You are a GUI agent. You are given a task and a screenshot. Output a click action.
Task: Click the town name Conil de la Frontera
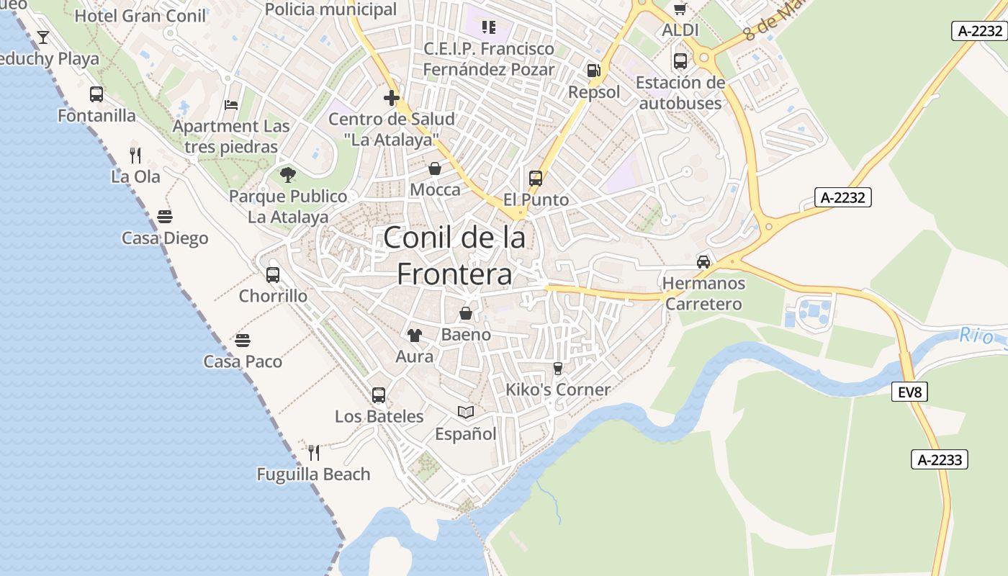click(454, 256)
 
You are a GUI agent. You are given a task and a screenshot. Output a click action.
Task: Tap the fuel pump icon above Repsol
click(593, 70)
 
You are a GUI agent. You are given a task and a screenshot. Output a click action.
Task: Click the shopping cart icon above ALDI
click(680, 9)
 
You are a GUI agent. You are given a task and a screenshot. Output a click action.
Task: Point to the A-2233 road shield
click(940, 459)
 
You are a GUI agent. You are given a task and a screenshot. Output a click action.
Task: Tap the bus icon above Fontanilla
click(96, 94)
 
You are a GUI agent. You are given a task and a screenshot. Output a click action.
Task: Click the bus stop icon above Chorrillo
click(272, 274)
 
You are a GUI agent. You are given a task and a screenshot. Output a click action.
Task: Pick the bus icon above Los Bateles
click(379, 395)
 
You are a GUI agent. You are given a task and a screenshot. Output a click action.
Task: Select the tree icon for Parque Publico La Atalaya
click(287, 174)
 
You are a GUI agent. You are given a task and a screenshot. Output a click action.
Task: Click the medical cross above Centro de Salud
click(392, 98)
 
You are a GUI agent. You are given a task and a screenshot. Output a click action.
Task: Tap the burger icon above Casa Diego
click(165, 217)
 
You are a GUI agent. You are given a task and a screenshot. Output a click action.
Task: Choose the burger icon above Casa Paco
click(243, 340)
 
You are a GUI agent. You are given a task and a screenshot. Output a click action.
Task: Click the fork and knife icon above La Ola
click(135, 155)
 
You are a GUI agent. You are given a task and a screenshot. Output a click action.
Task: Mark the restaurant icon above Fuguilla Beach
click(313, 452)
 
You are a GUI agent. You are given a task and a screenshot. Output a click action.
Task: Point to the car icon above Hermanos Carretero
click(703, 261)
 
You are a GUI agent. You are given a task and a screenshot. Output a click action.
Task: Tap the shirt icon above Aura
click(414, 335)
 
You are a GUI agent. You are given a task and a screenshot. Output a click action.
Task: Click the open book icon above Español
click(466, 412)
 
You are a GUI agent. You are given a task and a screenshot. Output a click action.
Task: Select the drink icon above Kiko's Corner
click(557, 368)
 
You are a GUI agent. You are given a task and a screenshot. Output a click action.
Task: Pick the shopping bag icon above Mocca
click(435, 168)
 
